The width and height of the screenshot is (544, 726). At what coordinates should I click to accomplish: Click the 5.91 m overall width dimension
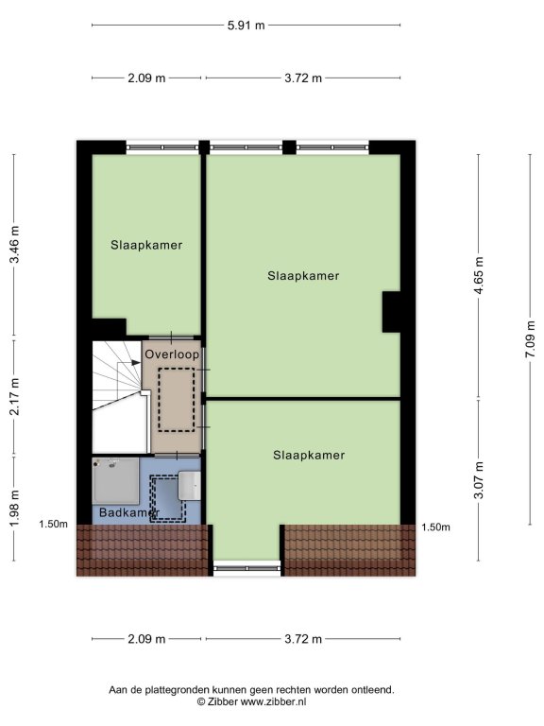246,25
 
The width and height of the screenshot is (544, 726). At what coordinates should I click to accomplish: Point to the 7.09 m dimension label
530,339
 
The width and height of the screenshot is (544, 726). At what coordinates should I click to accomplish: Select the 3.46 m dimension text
14,245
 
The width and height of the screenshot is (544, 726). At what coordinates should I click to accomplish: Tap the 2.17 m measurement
14,396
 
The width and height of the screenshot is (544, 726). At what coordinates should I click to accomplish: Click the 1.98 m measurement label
14,508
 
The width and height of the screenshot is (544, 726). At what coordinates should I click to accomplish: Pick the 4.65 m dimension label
479,275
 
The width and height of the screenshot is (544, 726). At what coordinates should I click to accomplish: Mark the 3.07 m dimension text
479,479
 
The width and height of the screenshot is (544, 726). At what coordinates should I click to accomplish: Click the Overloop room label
172,354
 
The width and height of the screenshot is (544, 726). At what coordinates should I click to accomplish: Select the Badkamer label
129,512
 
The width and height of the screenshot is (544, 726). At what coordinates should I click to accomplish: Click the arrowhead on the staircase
136,363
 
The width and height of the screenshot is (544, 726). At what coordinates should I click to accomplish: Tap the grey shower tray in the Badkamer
115,481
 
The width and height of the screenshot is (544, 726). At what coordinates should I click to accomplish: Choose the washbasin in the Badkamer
190,486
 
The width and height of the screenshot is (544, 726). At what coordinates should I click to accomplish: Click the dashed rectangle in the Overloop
177,400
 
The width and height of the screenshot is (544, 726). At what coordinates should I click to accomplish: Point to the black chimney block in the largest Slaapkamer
391,312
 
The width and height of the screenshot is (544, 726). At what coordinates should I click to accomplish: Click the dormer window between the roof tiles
247,568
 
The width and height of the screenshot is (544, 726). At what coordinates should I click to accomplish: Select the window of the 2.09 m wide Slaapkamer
162,147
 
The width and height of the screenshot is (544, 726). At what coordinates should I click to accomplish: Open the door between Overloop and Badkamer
177,456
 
